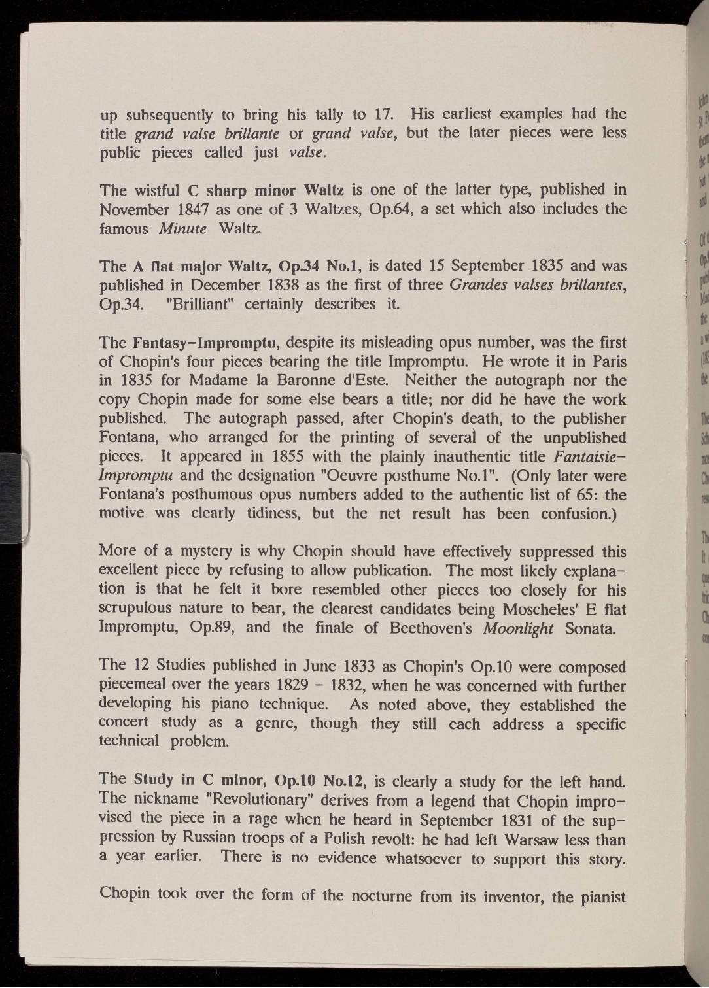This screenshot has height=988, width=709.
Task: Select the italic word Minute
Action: pyautogui.click(x=182, y=229)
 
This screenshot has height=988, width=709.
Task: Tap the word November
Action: pyautogui.click(x=134, y=210)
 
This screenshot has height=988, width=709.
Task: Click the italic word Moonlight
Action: pyautogui.click(x=518, y=628)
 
